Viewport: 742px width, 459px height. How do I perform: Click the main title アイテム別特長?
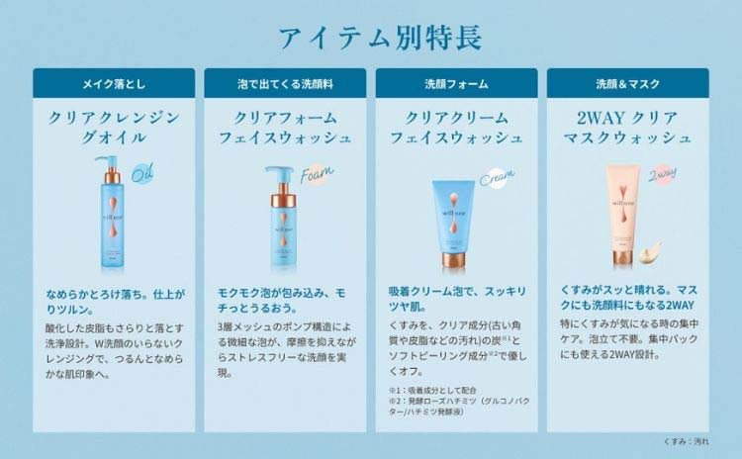point(372,38)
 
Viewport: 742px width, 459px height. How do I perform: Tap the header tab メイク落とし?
point(113,84)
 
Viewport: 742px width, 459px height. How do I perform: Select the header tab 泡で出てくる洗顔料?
point(285,84)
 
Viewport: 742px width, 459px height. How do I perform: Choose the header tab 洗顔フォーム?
point(456,84)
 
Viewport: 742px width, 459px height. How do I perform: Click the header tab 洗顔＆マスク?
point(627,84)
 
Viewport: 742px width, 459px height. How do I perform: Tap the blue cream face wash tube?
point(454,222)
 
